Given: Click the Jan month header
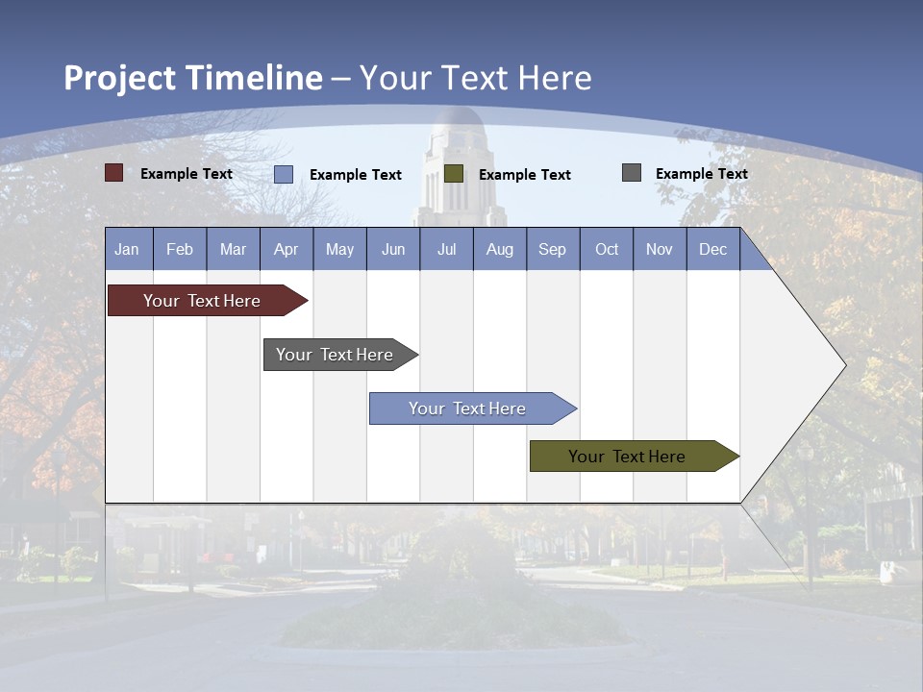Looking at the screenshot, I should (128, 249).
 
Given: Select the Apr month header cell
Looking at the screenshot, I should (287, 249).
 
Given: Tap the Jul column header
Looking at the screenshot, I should (446, 249).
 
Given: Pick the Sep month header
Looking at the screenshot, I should (553, 249).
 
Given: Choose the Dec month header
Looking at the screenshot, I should (712, 249).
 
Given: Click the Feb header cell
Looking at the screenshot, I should (180, 249).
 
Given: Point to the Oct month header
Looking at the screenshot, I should (607, 249).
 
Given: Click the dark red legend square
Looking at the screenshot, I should (114, 173).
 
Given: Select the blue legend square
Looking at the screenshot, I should (284, 174).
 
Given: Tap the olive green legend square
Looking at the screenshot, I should (454, 173).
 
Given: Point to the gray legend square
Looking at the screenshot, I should (632, 173).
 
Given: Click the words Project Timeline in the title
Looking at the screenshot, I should (193, 78).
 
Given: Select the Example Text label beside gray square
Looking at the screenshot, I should (701, 174).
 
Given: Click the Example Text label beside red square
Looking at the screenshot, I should (186, 174).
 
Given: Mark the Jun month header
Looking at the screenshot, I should (393, 249).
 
